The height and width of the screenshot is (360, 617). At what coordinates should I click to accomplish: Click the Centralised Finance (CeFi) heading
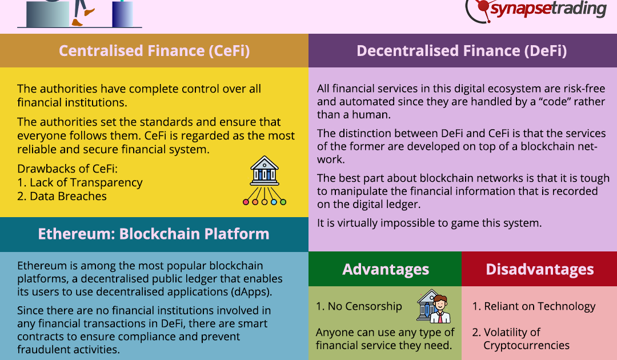(154, 51)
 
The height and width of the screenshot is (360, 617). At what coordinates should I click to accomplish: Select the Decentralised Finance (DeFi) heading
(462, 51)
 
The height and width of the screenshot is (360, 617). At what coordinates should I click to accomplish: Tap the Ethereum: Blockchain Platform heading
(154, 234)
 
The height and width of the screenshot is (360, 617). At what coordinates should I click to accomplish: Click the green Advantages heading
(385, 270)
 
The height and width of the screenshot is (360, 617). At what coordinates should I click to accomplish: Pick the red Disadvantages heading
(539, 270)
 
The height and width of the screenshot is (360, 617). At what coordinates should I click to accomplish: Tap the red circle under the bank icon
(246, 202)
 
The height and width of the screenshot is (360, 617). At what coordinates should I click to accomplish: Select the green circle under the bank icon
(283, 202)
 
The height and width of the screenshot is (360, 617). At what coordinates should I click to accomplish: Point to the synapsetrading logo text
(548, 9)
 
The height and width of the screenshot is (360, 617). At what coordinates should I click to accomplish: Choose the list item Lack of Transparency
(80, 182)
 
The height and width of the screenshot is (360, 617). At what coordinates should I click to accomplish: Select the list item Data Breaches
(62, 196)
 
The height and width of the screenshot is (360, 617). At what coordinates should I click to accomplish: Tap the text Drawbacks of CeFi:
(67, 169)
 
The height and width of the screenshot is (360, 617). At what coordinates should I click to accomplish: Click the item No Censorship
(359, 306)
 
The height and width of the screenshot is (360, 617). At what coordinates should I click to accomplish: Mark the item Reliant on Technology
(534, 306)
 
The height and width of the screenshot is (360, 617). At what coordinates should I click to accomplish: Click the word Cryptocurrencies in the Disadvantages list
(527, 346)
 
